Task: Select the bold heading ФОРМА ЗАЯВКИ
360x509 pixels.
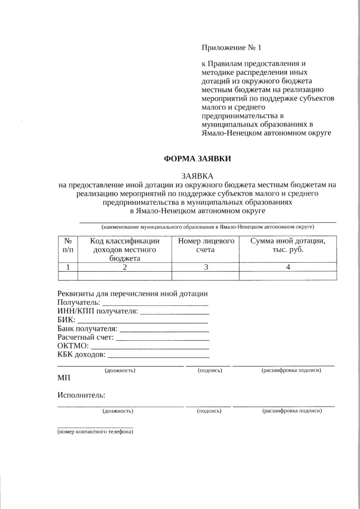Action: [197, 159]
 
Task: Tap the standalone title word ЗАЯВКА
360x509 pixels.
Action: [197, 176]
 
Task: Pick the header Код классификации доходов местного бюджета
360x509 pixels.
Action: [124, 249]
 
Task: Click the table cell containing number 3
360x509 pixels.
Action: [205, 267]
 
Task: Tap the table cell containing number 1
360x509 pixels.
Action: [67, 267]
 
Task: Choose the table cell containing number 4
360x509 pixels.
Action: [287, 267]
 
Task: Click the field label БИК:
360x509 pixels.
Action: [66, 319]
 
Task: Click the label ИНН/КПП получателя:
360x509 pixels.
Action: [97, 311]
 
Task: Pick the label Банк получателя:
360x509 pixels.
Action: [88, 328]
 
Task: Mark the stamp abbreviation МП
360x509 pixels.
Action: [64, 380]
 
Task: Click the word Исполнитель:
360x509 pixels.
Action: [82, 395]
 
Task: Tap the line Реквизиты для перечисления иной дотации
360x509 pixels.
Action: [133, 294]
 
